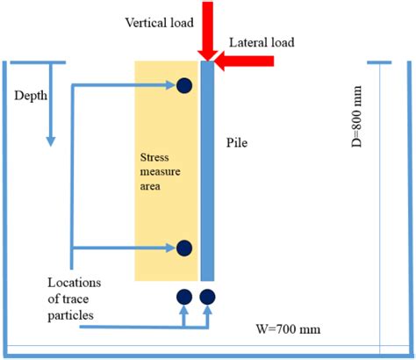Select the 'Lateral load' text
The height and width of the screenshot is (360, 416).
click(261, 42)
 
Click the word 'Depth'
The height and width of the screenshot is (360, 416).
click(32, 94)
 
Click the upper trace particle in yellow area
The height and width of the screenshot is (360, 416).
click(184, 85)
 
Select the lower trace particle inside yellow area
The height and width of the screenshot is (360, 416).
click(184, 248)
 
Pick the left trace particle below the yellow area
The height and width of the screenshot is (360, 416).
click(184, 297)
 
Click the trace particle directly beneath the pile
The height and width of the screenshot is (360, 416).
click(208, 297)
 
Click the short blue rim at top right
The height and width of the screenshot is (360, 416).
click(378, 62)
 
